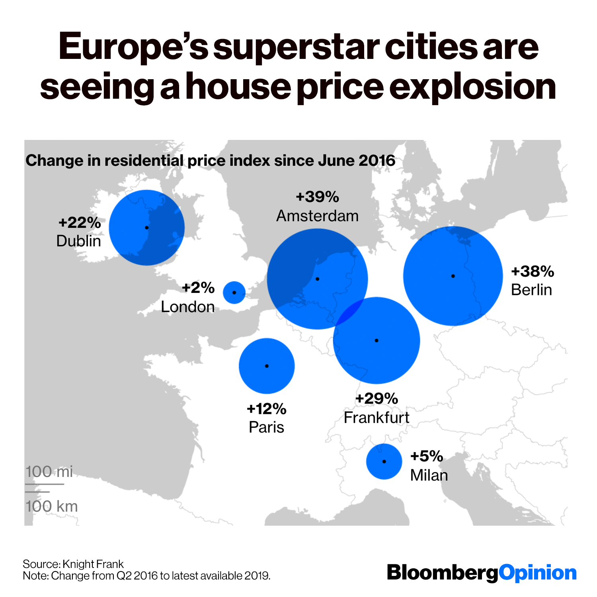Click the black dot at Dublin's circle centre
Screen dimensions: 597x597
pos(147,228)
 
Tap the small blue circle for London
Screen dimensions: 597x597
pos(234,293)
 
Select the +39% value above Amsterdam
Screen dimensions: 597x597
pos(318,197)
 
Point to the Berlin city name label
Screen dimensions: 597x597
pos(531,290)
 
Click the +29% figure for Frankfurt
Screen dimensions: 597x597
pos(377,398)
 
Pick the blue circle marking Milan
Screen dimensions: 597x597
pos(384,462)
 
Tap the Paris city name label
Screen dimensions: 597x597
pos(266,427)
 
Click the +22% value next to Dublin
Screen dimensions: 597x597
pos(80,222)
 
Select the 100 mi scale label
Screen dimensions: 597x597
pos(49,472)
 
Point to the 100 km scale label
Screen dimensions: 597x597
pos(52,506)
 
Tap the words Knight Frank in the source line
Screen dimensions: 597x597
pos(93,564)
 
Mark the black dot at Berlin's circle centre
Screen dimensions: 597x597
pos(453,276)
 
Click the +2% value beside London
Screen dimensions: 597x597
pos(198,287)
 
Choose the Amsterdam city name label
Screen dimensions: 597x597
pos(318,216)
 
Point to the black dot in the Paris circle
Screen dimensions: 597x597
pos(267,366)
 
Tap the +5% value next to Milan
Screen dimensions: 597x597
pos(427,456)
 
